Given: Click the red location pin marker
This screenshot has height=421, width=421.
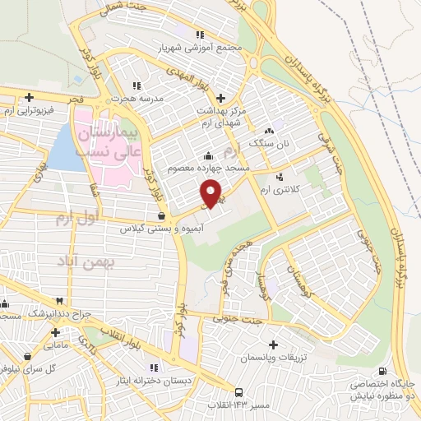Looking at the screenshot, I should (x=211, y=192).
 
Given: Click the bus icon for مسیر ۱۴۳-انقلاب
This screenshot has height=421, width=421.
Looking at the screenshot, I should (x=238, y=392).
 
